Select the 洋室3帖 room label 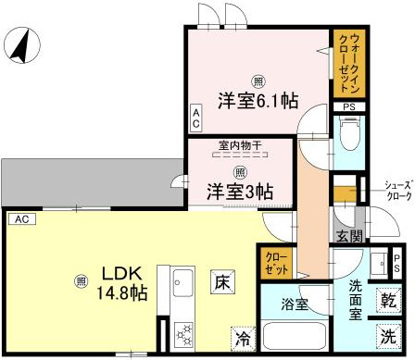pyautogui.click(x=239, y=192)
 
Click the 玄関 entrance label pyautogui.click(x=347, y=237)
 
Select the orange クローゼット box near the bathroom pyautogui.click(x=275, y=260)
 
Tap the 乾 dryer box pyautogui.click(x=390, y=302)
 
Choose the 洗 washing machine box pyautogui.click(x=390, y=335)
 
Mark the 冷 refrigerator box pyautogui.click(x=240, y=339)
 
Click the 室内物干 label pyautogui.click(x=239, y=145)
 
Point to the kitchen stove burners pyautogui.click(x=182, y=333)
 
